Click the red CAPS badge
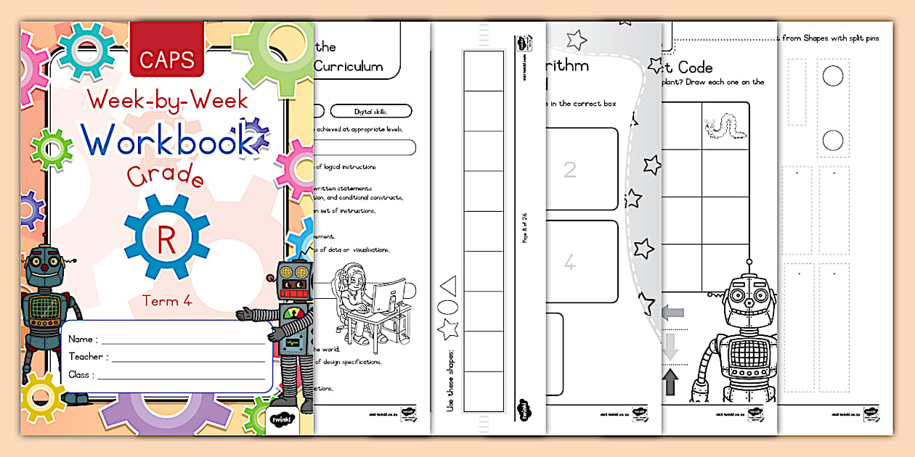tap(166, 59)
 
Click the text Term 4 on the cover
tap(167, 300)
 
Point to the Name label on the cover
tap(81, 339)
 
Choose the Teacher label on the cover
tap(88, 356)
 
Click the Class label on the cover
tap(80, 374)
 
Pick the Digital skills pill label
tap(370, 111)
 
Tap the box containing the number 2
tap(571, 170)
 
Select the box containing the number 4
tap(571, 263)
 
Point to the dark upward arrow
tap(670, 382)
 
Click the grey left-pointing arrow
tap(672, 312)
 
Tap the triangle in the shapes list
tap(449, 285)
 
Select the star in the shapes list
tap(447, 330)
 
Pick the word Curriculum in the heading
tap(348, 66)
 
